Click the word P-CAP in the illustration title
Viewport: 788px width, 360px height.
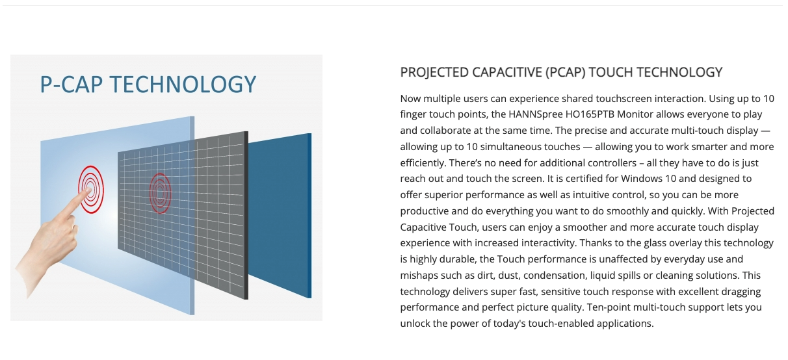click(x=72, y=84)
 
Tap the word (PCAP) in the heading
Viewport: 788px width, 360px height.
click(x=566, y=72)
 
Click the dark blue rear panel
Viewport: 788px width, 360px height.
click(x=280, y=215)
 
